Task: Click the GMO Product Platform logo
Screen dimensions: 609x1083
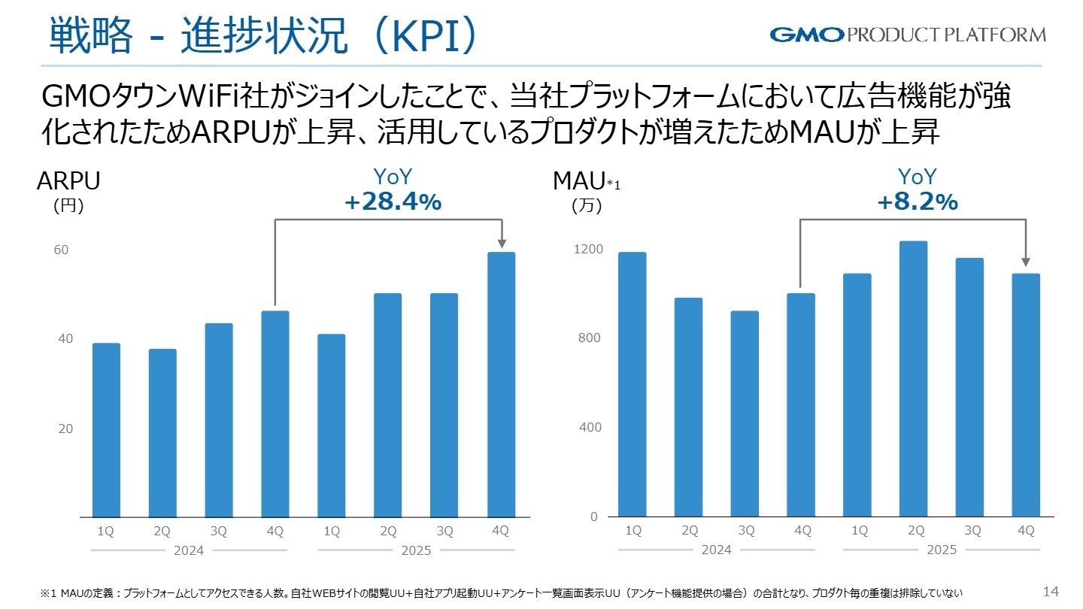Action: click(x=907, y=35)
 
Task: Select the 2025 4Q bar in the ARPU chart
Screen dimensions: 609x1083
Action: click(x=501, y=384)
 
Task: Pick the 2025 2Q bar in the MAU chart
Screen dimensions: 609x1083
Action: click(x=915, y=378)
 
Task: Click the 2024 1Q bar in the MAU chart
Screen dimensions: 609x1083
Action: click(x=633, y=384)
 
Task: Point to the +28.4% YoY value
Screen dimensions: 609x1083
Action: click(x=392, y=201)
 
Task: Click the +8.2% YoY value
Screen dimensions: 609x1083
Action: click(x=917, y=201)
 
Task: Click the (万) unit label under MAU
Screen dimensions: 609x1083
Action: click(x=587, y=206)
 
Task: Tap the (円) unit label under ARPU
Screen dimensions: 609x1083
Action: click(x=68, y=206)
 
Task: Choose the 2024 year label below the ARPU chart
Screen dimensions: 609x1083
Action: click(x=189, y=550)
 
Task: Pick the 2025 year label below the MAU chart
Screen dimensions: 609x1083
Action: click(x=942, y=550)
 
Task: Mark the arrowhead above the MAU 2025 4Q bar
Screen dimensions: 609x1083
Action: click(x=1026, y=262)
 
